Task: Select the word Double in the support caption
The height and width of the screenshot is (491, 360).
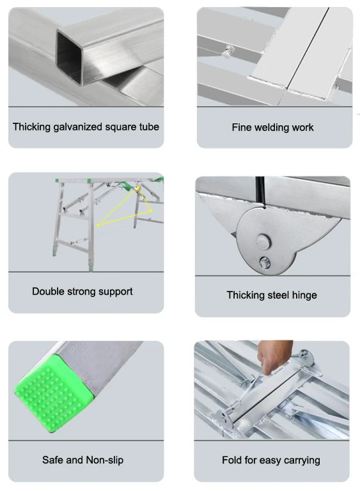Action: click(47, 292)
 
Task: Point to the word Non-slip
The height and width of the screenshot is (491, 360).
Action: click(105, 460)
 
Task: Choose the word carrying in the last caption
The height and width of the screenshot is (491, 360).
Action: click(302, 460)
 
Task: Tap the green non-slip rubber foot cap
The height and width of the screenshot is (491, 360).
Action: click(54, 393)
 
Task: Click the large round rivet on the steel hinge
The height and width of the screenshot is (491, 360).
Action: click(263, 242)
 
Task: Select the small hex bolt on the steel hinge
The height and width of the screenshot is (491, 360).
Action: click(265, 263)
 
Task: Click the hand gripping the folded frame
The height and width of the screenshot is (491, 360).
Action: click(273, 357)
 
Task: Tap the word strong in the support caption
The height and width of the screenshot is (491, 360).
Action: click(81, 292)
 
